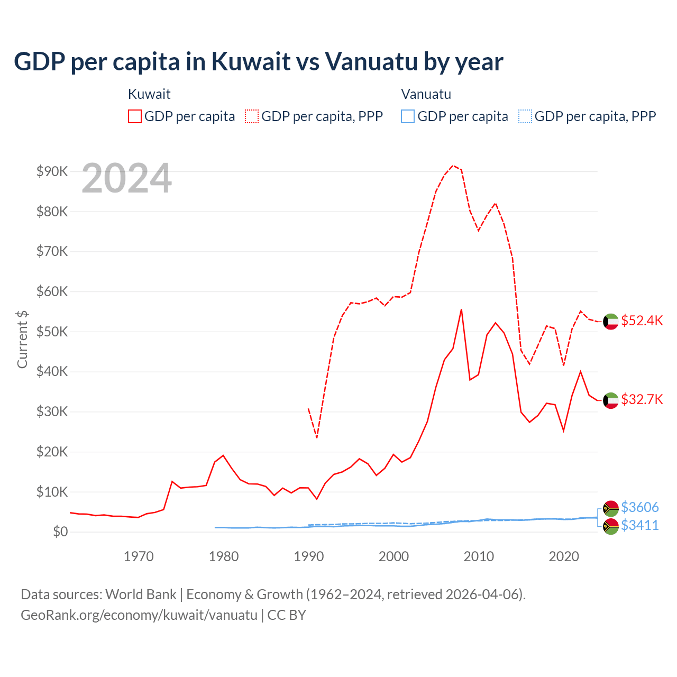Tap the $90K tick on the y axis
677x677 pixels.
coord(52,171)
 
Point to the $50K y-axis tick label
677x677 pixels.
coord(52,332)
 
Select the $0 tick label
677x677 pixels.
coord(60,532)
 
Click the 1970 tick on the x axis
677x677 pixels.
coord(139,556)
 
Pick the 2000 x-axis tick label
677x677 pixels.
coord(394,556)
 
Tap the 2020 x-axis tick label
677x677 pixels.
coord(564,556)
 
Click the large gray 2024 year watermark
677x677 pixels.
coord(126,179)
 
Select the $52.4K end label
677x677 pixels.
coord(642,321)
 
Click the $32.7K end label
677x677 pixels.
coord(642,399)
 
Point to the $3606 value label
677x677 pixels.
coord(639,507)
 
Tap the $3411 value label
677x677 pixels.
coord(639,525)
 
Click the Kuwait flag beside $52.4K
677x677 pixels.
coord(611,321)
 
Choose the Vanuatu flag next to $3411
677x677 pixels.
coord(611,526)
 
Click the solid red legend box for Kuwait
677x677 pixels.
coord(135,116)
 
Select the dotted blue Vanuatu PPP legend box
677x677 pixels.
coord(525,116)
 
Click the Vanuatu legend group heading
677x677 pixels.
coord(426,94)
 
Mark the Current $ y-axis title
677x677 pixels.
coord(22,339)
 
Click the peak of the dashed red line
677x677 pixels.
coord(453,166)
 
